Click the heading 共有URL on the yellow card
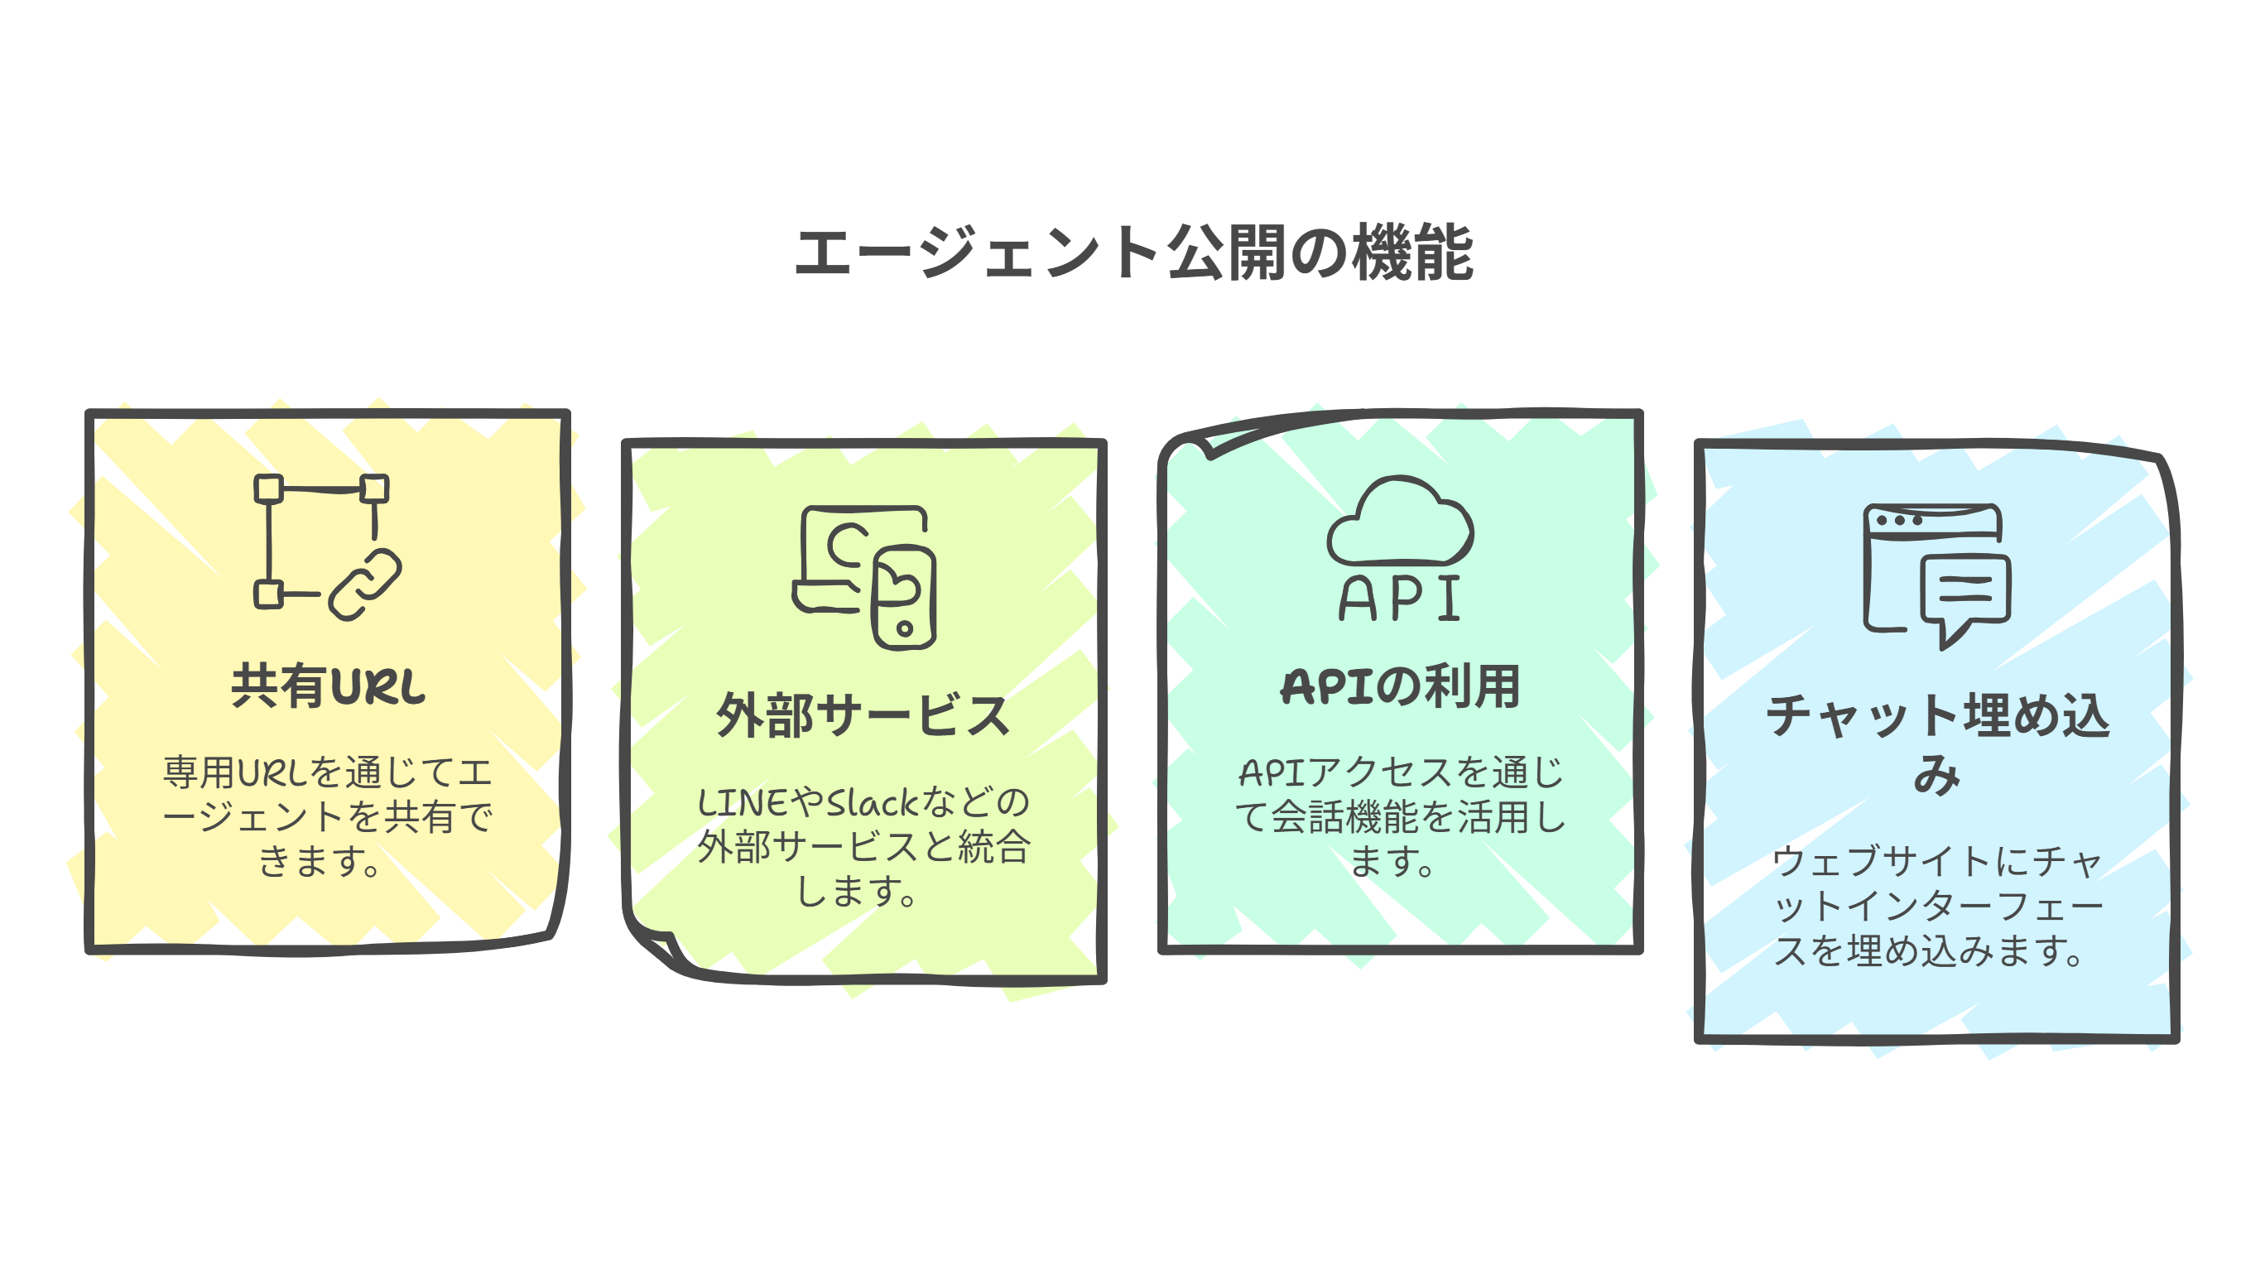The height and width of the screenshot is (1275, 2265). pyautogui.click(x=328, y=686)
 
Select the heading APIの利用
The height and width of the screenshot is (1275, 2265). pyautogui.click(x=1400, y=686)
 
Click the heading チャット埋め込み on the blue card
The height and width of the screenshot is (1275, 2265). pyautogui.click(x=1937, y=716)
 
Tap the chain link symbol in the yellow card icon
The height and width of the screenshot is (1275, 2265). pyautogui.click(x=365, y=585)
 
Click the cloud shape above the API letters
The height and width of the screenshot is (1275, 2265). pyautogui.click(x=1400, y=523)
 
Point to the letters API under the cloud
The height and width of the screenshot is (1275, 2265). pyautogui.click(x=1400, y=599)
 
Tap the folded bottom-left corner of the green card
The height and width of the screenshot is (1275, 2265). pyautogui.click(x=655, y=945)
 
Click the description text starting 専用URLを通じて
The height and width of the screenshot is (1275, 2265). pyautogui.click(x=328, y=817)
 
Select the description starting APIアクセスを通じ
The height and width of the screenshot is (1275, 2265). pyautogui.click(x=1400, y=817)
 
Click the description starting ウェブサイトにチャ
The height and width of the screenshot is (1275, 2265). pyautogui.click(x=1937, y=906)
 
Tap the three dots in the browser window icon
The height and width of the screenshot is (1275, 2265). pyautogui.click(x=1900, y=521)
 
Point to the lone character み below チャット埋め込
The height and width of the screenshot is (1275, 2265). pyautogui.click(x=1937, y=775)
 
